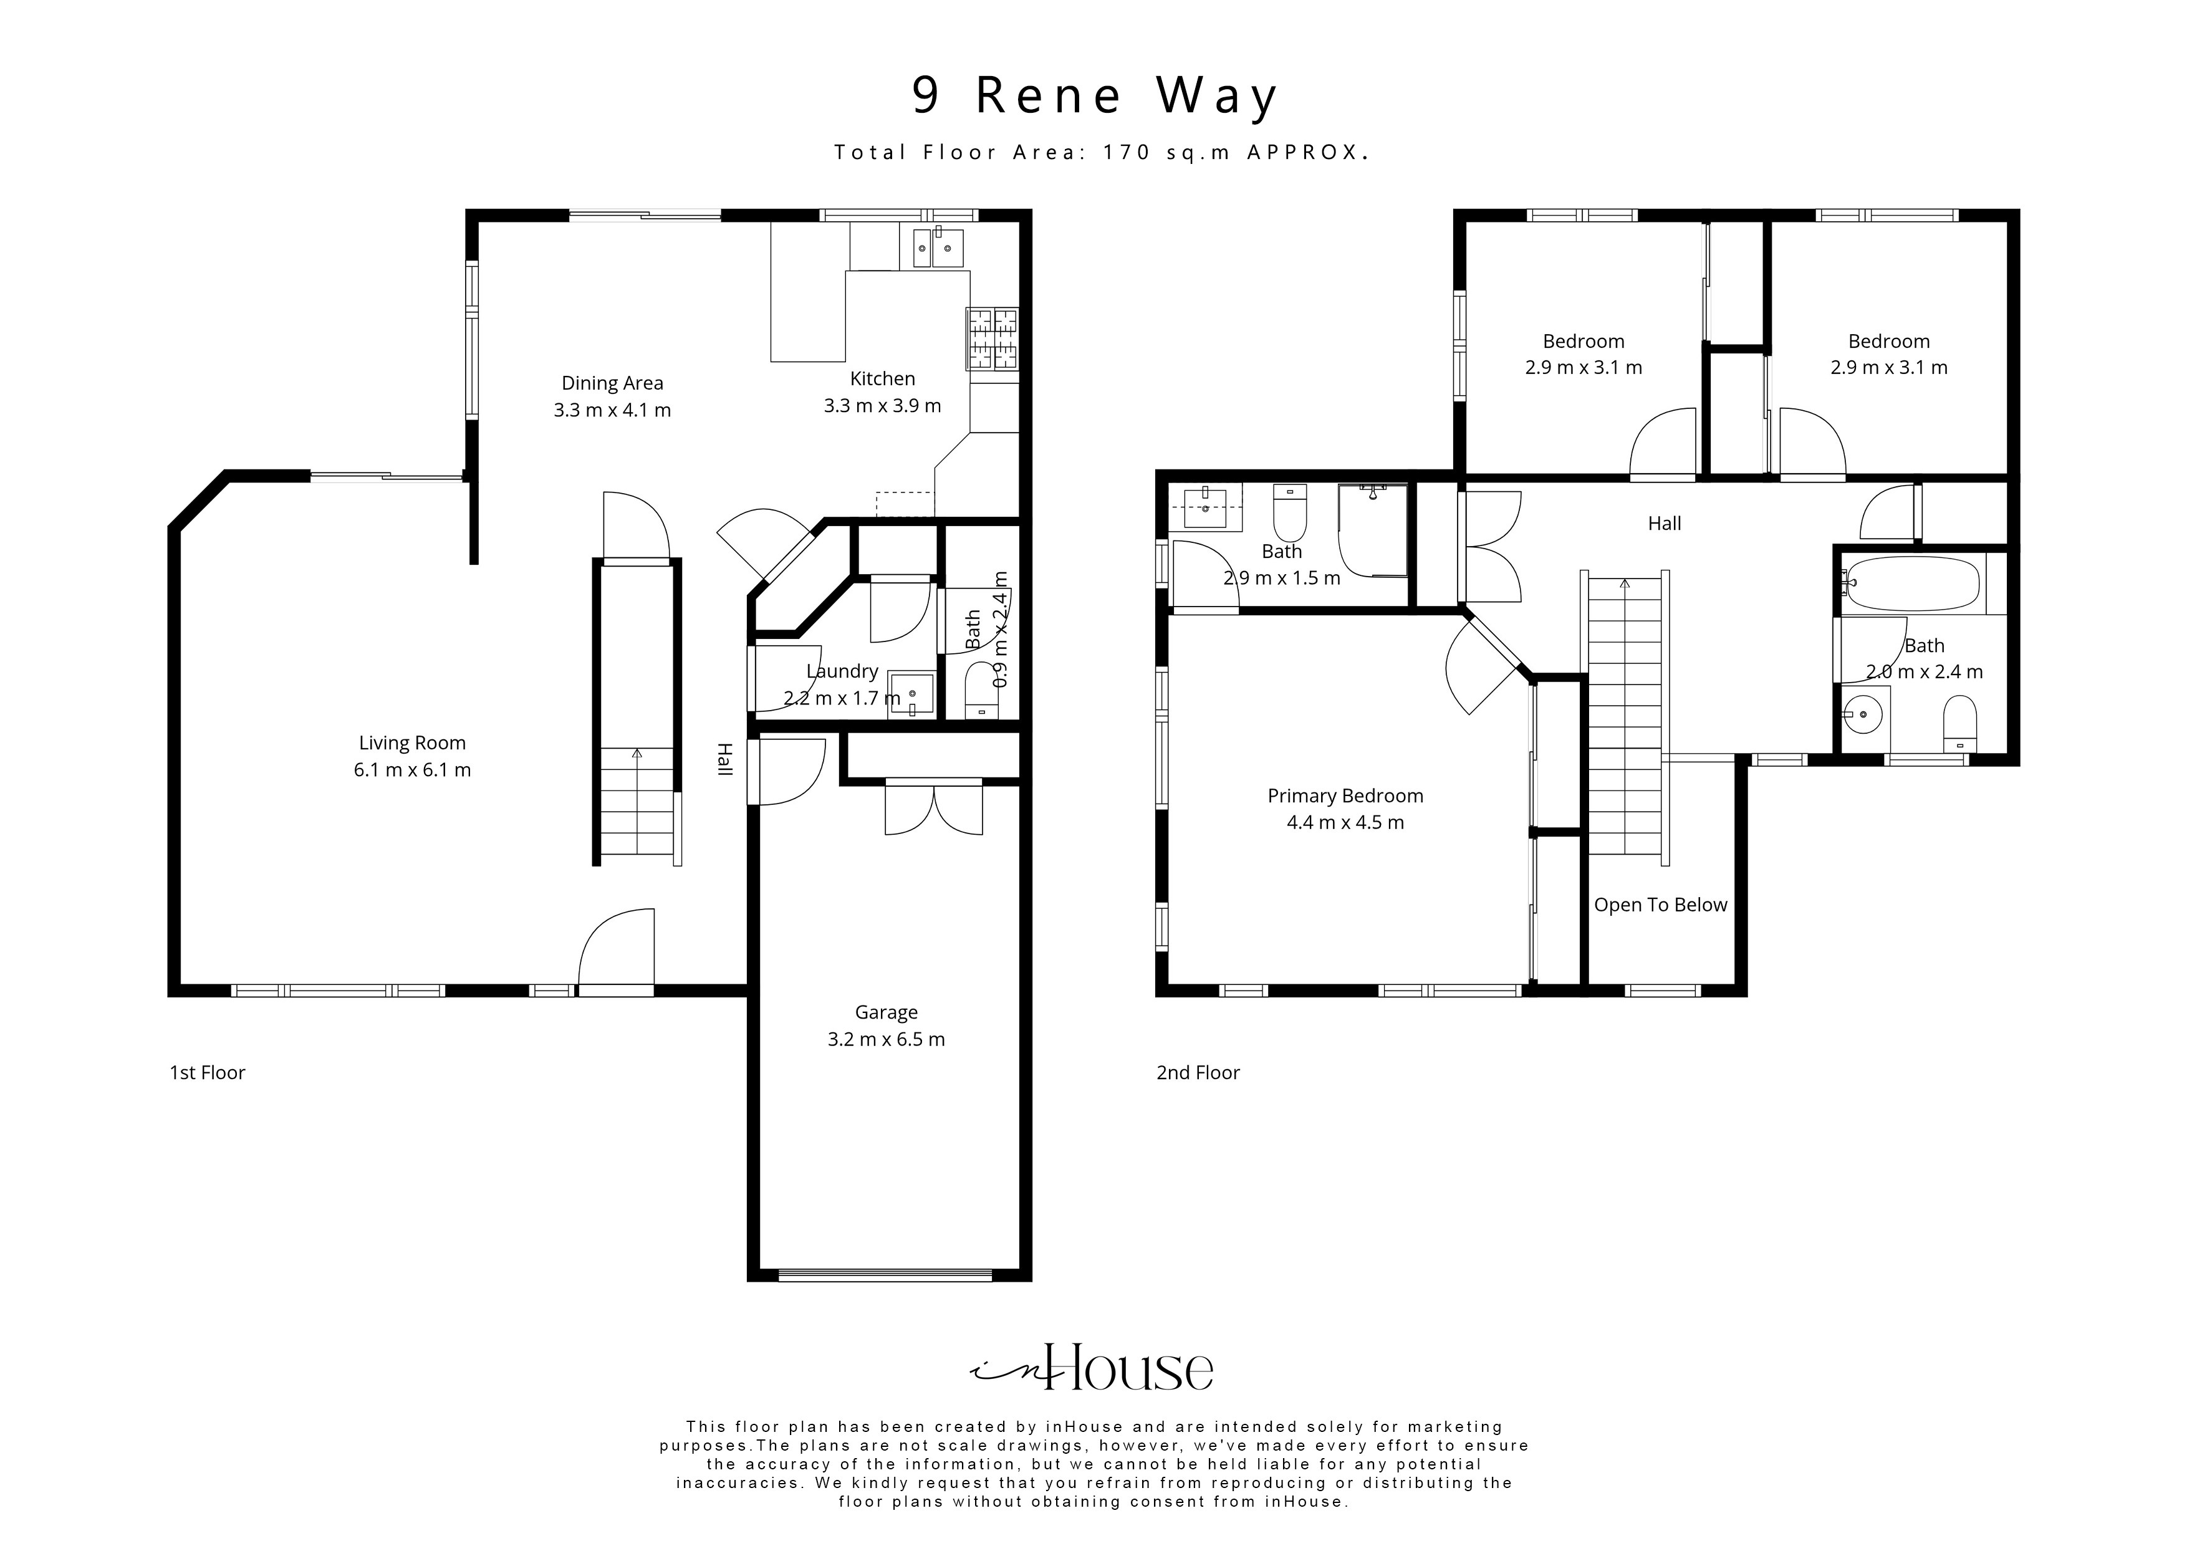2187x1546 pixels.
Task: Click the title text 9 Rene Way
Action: click(x=1095, y=96)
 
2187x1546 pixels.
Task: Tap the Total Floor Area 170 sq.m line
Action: click(x=1101, y=152)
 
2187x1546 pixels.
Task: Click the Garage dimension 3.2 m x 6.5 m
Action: click(x=886, y=1039)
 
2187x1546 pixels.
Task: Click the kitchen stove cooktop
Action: click(x=993, y=339)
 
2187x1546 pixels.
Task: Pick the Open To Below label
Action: click(x=1660, y=905)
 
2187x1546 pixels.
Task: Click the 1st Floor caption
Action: click(x=207, y=1073)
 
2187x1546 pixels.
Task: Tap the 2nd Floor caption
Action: click(x=1198, y=1073)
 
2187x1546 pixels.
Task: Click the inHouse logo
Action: click(x=1092, y=1370)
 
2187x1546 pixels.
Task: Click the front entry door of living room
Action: click(x=617, y=953)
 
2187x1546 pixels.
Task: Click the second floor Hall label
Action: click(x=1664, y=523)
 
